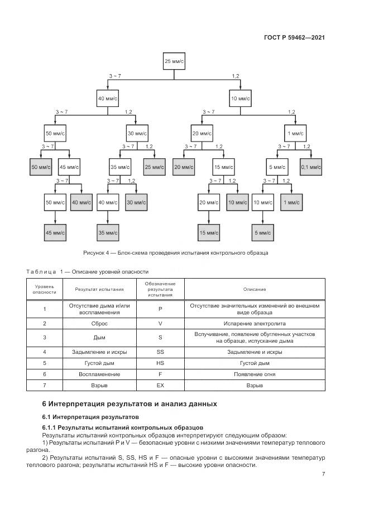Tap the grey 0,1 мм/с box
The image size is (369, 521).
(310, 167)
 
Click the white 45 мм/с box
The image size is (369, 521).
(69, 167)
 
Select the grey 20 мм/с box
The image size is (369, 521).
(183, 167)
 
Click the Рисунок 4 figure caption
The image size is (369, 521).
(175, 252)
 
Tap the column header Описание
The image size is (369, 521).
(254, 289)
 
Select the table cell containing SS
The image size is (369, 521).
(160, 352)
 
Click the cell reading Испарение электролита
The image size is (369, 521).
(254, 323)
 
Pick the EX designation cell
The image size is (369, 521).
(160, 385)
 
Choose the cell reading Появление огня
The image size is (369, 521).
(254, 374)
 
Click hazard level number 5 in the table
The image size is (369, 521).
(44, 363)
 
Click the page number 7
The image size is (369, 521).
(323, 474)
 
